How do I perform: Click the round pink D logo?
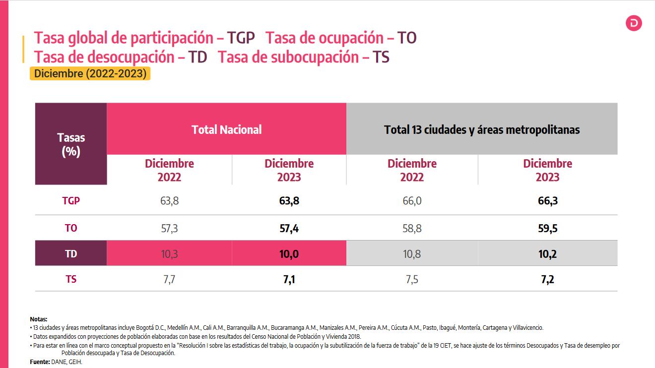634,23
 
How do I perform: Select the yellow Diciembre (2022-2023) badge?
90,74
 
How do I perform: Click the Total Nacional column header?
226,129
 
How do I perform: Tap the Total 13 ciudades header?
481,129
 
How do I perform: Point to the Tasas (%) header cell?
71,144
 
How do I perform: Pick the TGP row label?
71,201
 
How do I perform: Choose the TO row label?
71,228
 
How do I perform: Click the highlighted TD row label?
71,254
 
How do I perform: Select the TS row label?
71,280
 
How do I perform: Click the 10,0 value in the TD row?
289,254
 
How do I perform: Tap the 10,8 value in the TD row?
412,254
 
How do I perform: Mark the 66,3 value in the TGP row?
547,201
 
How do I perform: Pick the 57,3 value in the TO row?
169,228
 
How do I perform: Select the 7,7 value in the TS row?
169,280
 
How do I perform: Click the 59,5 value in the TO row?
547,228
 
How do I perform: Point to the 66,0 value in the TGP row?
412,201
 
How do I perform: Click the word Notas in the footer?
39,319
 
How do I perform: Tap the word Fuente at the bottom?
40,363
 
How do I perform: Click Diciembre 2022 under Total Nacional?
169,170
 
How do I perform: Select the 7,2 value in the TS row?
547,280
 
